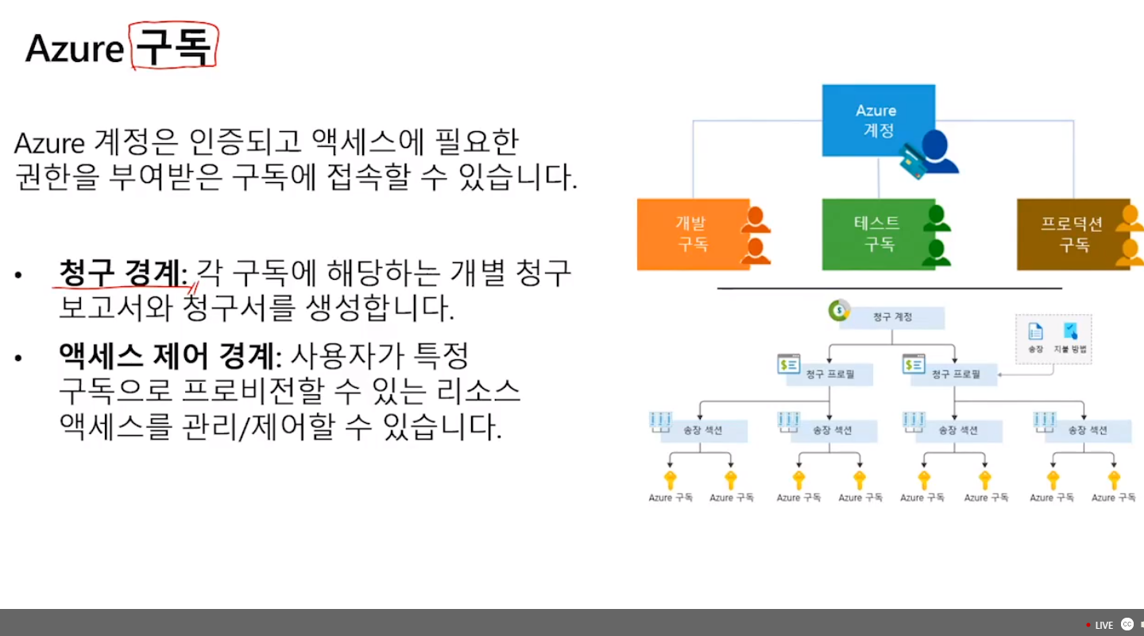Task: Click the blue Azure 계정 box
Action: (x=877, y=119)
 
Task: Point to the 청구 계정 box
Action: (x=891, y=317)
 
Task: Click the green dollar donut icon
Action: (x=838, y=310)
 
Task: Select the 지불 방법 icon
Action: (x=1070, y=332)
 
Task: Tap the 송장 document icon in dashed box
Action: (x=1035, y=332)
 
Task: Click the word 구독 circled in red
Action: (x=173, y=48)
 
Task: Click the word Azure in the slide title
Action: (x=75, y=49)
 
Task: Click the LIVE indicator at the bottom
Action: (x=1101, y=625)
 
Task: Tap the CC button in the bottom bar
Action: (x=1127, y=624)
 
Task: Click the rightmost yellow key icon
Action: (x=1114, y=480)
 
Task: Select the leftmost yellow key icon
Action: (x=671, y=480)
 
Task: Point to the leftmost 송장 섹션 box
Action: (x=703, y=430)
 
